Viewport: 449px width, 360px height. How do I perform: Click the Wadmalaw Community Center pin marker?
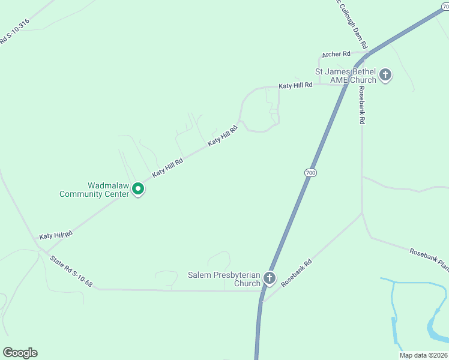[x=138, y=189]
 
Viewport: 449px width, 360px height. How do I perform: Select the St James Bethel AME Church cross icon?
[x=385, y=76]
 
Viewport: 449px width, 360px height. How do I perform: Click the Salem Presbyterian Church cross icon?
[x=270, y=278]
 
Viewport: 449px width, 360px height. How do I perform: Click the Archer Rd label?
[x=335, y=55]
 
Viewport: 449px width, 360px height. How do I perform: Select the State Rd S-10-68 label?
[x=71, y=270]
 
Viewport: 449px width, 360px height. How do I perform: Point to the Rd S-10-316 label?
[x=14, y=31]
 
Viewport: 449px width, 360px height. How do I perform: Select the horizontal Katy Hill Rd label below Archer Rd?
[x=295, y=86]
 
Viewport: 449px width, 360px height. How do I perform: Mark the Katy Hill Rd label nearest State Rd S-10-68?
[x=56, y=235]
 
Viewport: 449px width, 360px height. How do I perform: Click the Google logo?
[x=20, y=353]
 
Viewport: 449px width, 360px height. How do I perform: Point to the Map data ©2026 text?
[x=423, y=355]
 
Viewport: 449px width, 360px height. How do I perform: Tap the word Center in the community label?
[x=114, y=194]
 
